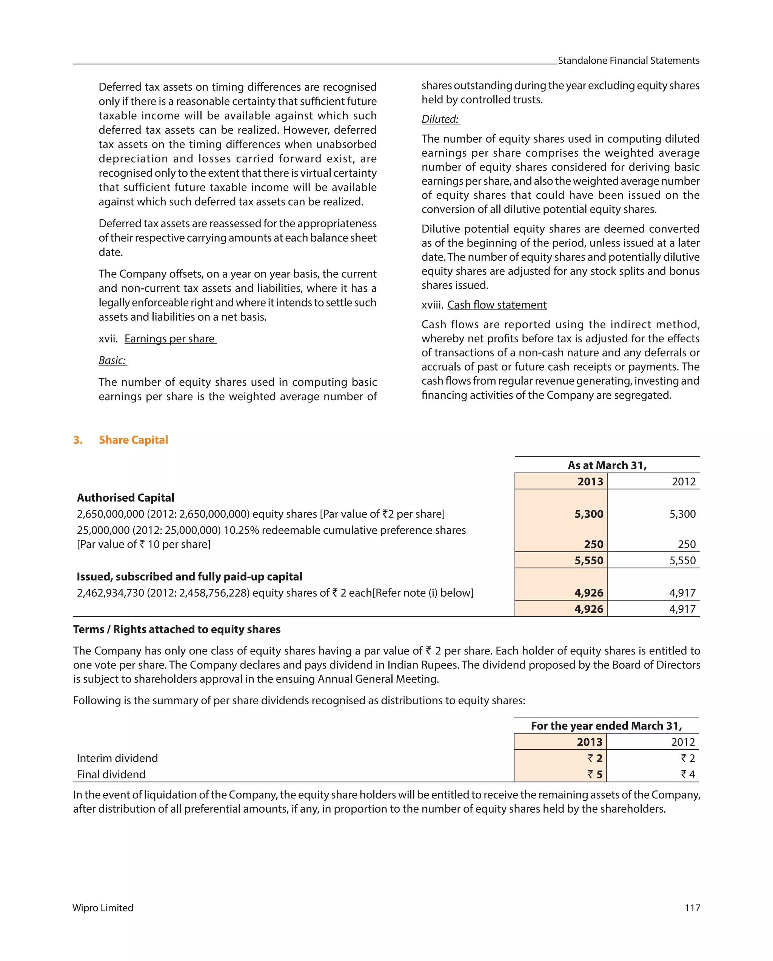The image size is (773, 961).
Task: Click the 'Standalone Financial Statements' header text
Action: pyautogui.click(x=628, y=61)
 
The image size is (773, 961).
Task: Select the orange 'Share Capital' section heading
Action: pyautogui.click(x=133, y=440)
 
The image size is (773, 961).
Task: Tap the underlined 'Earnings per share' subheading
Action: pyautogui.click(x=170, y=339)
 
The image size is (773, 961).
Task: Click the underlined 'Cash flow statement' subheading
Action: pyautogui.click(x=497, y=305)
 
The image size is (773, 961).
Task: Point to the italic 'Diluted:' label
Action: pyautogui.click(x=440, y=119)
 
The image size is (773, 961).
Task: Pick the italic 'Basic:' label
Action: pyautogui.click(x=112, y=360)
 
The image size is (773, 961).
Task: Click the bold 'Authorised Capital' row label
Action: pyautogui.click(x=125, y=497)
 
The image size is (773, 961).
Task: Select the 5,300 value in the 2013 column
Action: pyautogui.click(x=588, y=514)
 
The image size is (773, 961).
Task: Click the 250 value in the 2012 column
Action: pyautogui.click(x=687, y=544)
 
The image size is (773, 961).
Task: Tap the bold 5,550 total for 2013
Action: pyautogui.click(x=588, y=560)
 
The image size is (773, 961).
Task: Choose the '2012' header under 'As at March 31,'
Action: pyautogui.click(x=684, y=481)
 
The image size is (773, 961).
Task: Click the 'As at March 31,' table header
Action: pyautogui.click(x=607, y=465)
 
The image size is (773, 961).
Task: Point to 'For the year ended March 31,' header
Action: pyautogui.click(x=606, y=725)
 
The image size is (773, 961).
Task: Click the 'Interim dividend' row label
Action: pyautogui.click(x=117, y=758)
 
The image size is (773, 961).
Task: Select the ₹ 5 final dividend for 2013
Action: pyautogui.click(x=595, y=774)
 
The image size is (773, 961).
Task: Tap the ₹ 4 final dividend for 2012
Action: pyautogui.click(x=687, y=774)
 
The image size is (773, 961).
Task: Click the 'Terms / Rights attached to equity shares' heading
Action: pyautogui.click(x=177, y=629)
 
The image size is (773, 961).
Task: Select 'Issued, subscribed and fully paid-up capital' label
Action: pyautogui.click(x=189, y=577)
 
